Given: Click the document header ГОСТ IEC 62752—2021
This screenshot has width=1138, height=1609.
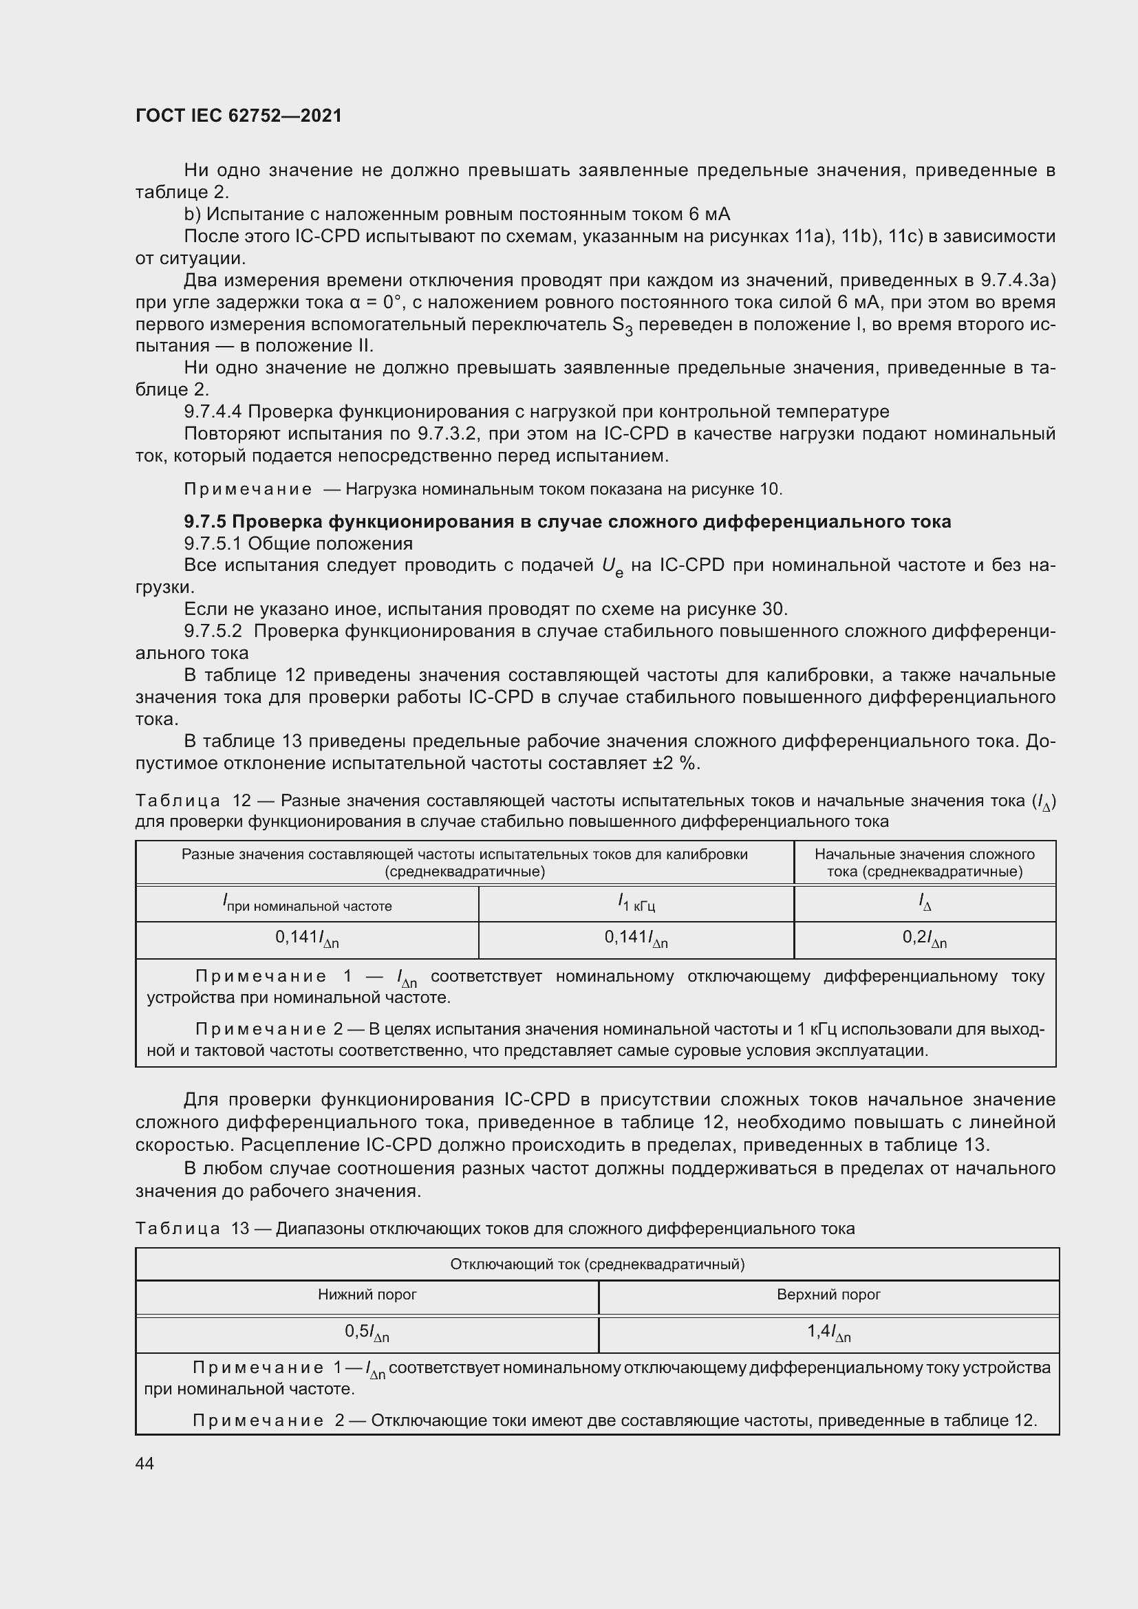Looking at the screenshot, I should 238,116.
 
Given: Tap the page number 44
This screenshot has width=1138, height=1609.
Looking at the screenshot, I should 144,1463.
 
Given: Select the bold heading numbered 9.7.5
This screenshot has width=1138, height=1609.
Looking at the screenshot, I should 567,521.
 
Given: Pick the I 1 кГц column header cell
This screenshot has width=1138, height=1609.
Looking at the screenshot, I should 636,903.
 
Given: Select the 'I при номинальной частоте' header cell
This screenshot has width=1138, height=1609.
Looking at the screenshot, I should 307,903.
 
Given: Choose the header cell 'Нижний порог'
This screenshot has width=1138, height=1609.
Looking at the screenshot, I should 367,1295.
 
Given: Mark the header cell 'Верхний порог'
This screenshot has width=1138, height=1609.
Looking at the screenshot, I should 828,1295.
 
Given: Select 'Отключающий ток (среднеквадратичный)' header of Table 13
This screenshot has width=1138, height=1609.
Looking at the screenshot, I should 597,1264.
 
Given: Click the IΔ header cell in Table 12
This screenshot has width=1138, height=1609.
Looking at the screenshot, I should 924,903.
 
